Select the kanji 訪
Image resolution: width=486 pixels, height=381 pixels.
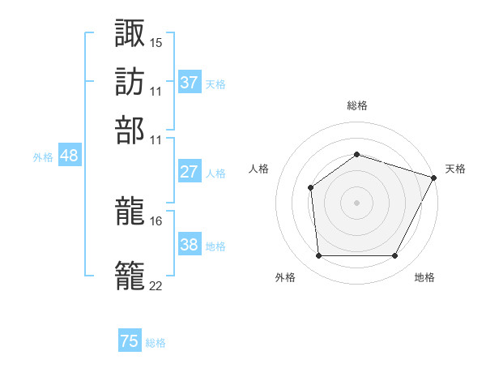pyautogui.click(x=130, y=81)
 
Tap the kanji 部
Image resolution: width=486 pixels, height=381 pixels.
pyautogui.click(x=130, y=130)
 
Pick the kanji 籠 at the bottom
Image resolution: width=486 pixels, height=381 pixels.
pyautogui.click(x=130, y=273)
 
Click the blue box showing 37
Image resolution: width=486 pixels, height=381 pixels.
pyautogui.click(x=190, y=83)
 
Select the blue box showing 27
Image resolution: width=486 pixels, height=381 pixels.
pyautogui.click(x=190, y=172)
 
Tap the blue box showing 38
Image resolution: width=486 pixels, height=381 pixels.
pyautogui.click(x=190, y=245)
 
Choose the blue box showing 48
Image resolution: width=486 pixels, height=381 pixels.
pyautogui.click(x=69, y=156)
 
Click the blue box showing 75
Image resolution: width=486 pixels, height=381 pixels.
pyautogui.click(x=130, y=341)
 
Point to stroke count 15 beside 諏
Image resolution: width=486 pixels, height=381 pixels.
pyautogui.click(x=156, y=41)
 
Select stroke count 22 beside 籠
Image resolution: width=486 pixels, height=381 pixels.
pyautogui.click(x=156, y=285)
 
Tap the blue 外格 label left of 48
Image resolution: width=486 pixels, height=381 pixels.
pyautogui.click(x=43, y=157)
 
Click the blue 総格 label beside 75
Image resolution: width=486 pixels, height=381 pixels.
pyautogui.click(x=156, y=343)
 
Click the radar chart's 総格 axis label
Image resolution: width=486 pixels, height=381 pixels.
pyautogui.click(x=356, y=105)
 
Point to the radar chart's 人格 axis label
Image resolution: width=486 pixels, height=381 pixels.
pyautogui.click(x=259, y=169)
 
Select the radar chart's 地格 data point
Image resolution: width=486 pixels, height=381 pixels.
pyautogui.click(x=395, y=256)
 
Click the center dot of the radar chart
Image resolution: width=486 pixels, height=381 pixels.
pyautogui.click(x=356, y=202)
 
